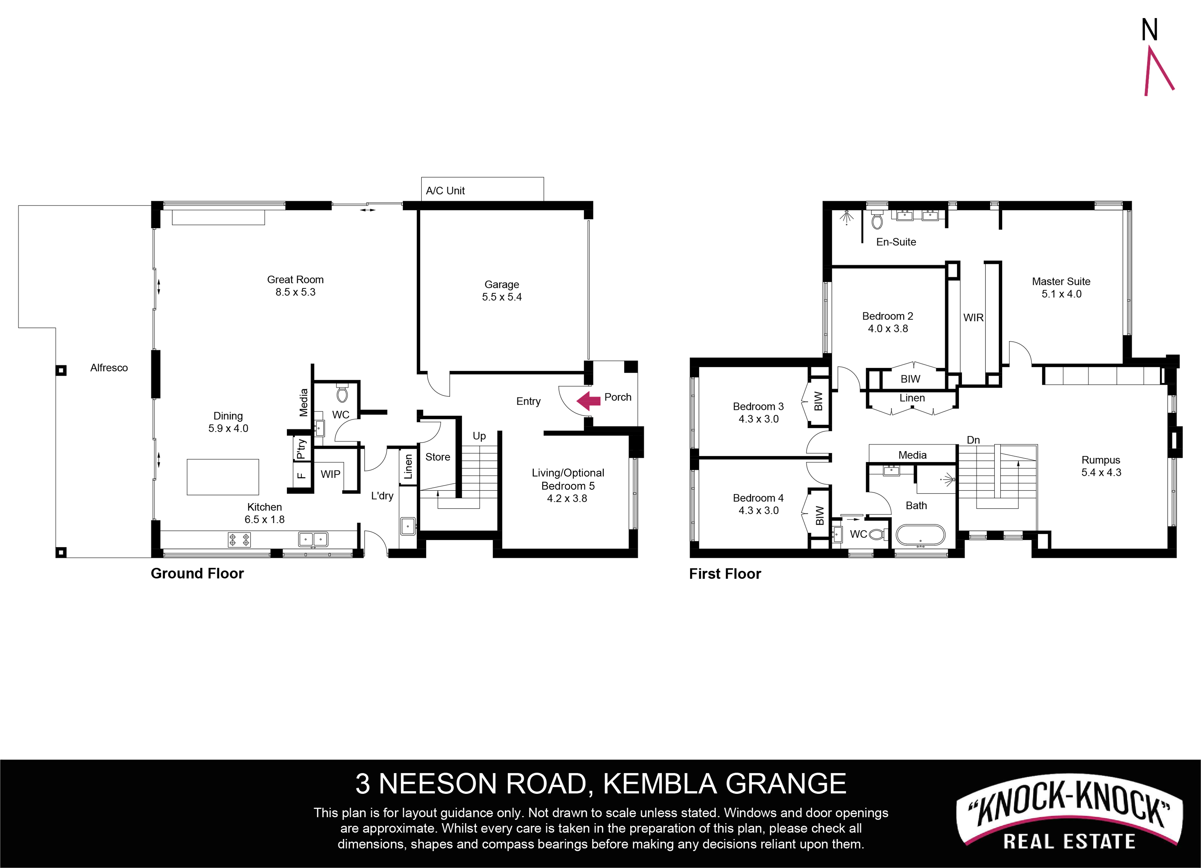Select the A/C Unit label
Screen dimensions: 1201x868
(x=445, y=191)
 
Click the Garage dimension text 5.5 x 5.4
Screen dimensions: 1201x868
(x=501, y=297)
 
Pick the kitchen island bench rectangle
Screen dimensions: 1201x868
(x=223, y=477)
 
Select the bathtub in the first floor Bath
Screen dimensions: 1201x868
(x=920, y=535)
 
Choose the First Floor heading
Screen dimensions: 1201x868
(x=725, y=574)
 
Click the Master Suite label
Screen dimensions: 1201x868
(x=1061, y=282)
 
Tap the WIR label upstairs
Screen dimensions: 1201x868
(x=973, y=318)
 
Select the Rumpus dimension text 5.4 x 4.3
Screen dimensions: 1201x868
(x=1101, y=472)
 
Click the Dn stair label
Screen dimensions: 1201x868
(x=973, y=440)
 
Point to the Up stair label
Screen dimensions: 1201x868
(x=479, y=436)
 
